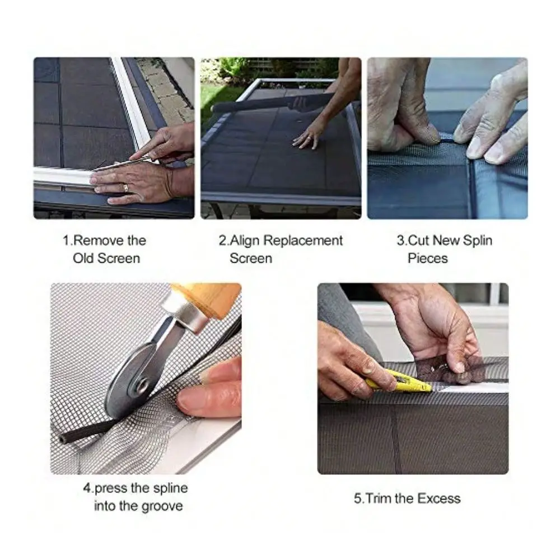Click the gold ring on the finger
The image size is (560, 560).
click(x=125, y=188)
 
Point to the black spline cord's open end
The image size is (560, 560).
click(x=64, y=439)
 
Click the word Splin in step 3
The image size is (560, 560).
click(x=478, y=241)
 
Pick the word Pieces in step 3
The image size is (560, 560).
click(x=427, y=258)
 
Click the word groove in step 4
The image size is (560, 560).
click(x=162, y=506)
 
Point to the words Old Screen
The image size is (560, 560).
click(x=106, y=258)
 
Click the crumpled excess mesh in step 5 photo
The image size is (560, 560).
click(x=451, y=371)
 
